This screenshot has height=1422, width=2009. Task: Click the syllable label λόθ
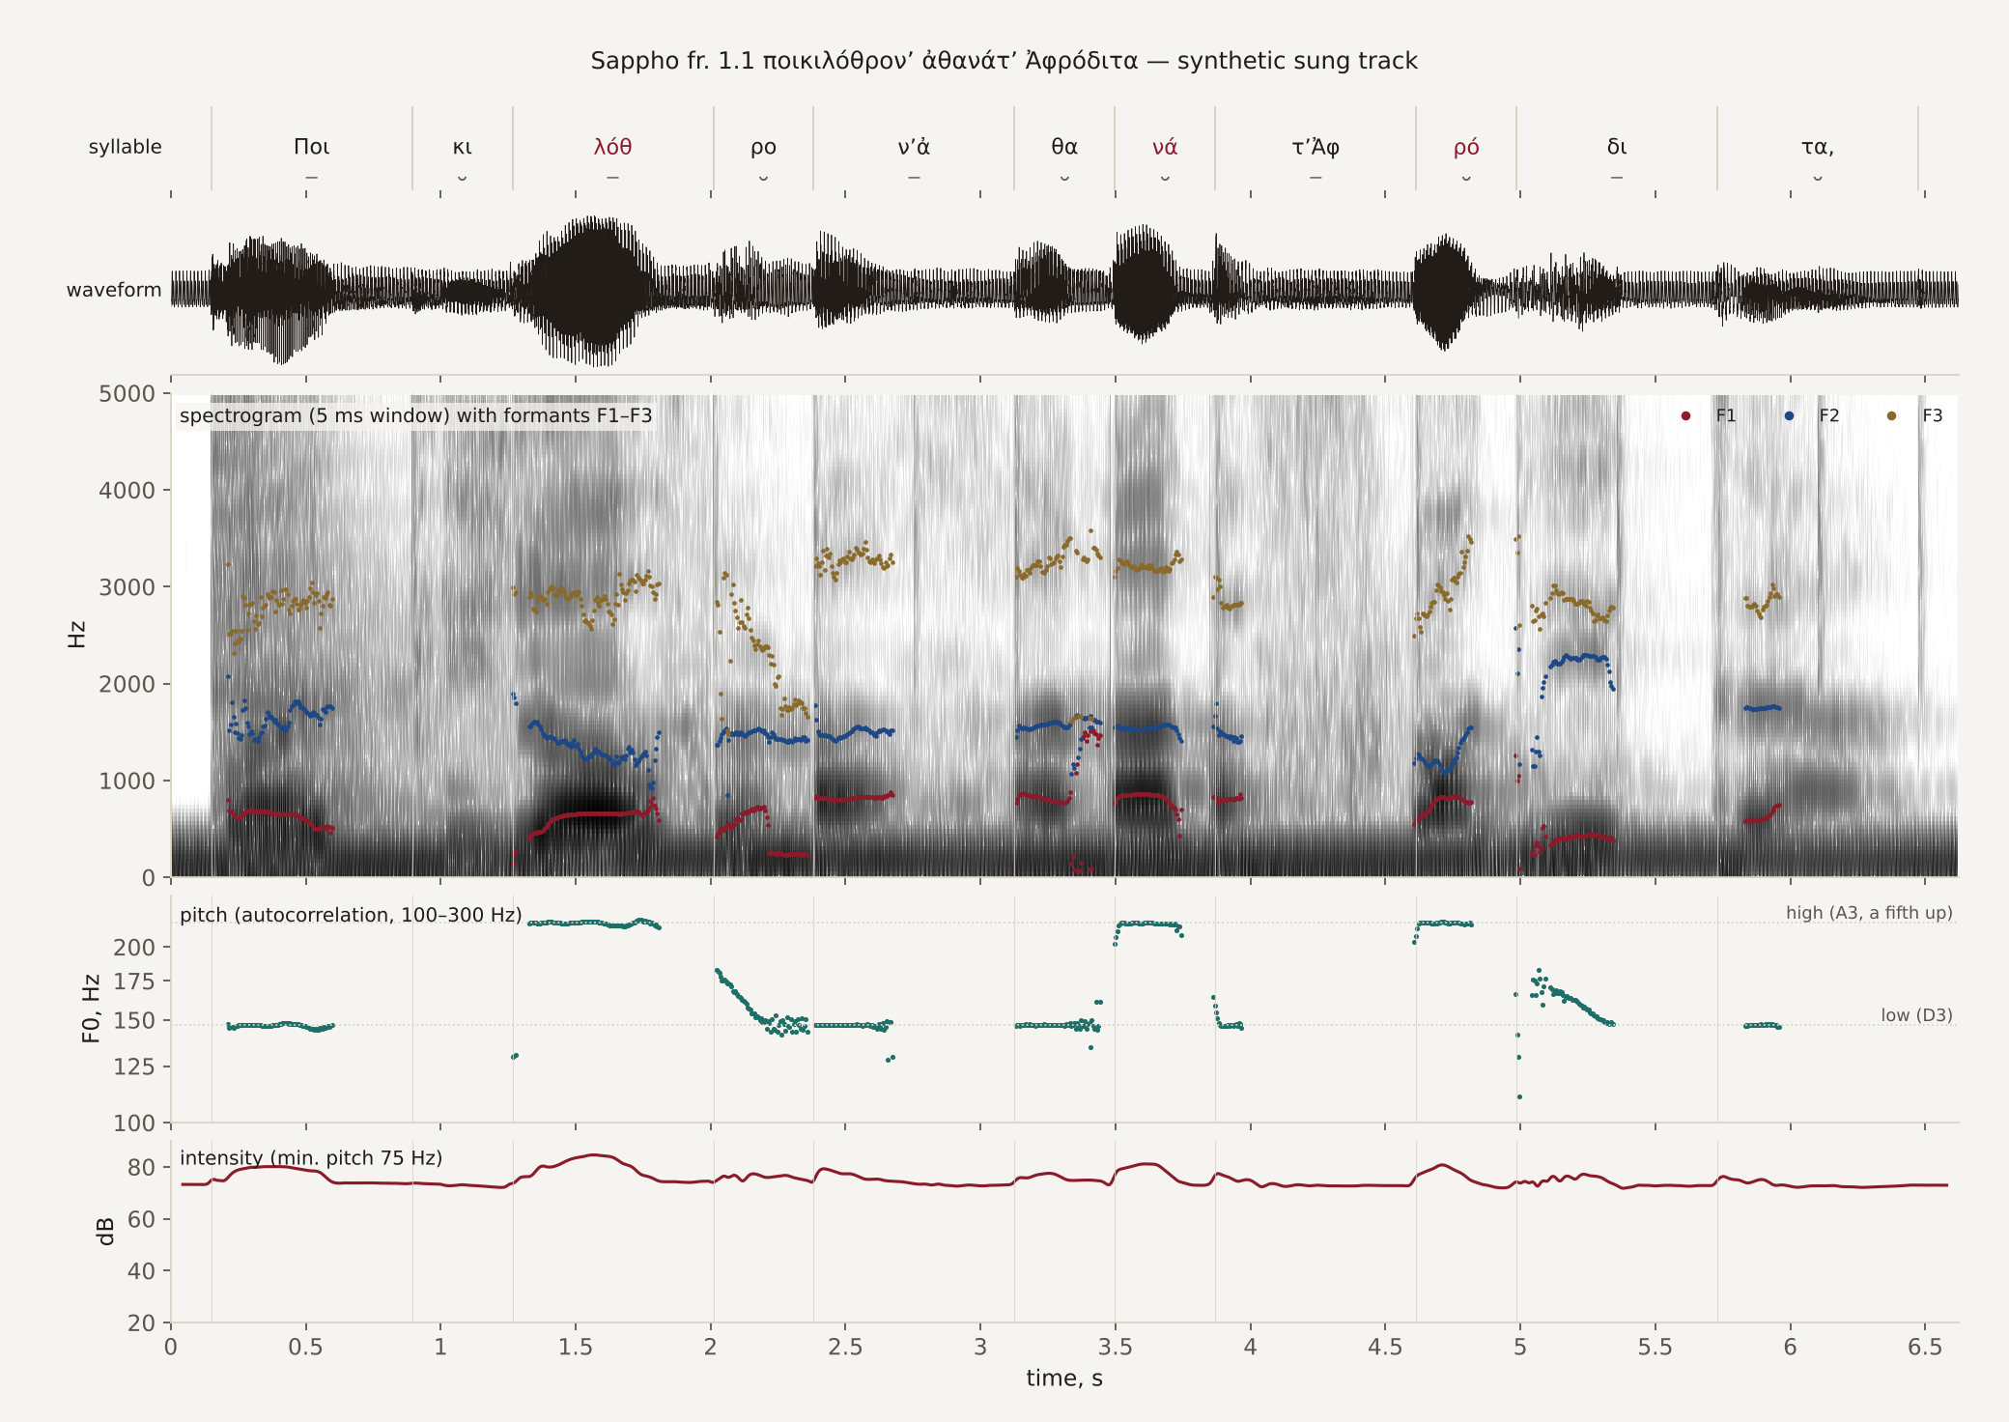click(x=612, y=147)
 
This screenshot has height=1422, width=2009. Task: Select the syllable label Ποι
click(x=311, y=147)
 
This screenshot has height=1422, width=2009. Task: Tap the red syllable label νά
click(x=1165, y=147)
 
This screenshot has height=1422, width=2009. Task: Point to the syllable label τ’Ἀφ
click(x=1316, y=147)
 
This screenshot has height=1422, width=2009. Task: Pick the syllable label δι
click(x=1617, y=147)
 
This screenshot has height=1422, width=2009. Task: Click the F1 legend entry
click(x=1710, y=416)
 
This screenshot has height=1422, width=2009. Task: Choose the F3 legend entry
click(x=1915, y=416)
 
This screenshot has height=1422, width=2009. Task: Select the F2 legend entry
click(x=1813, y=416)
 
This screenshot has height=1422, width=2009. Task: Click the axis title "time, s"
click(x=1064, y=1379)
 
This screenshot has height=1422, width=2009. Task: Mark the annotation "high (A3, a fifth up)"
click(x=1869, y=913)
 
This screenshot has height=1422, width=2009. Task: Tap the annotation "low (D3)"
click(x=1916, y=1015)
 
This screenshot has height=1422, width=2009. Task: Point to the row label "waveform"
click(x=114, y=290)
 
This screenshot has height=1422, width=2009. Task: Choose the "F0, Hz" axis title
click(x=91, y=1009)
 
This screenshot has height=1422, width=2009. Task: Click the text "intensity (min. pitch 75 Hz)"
click(x=311, y=1158)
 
